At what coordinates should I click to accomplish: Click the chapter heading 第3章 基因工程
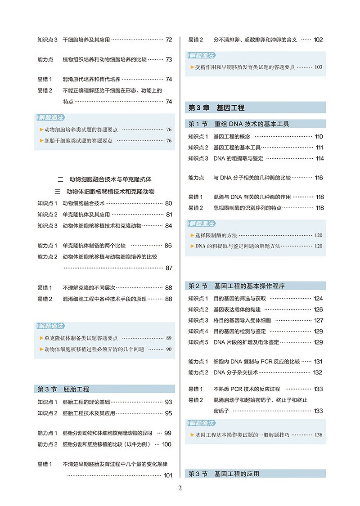216,108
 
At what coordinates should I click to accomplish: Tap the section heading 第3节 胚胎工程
63,389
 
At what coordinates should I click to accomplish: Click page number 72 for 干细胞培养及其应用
169,40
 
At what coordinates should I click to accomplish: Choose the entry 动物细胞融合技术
83,203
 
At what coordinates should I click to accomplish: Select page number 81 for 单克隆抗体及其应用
169,215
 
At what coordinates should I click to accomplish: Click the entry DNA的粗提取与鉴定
238,158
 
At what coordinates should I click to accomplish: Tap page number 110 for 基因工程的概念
319,137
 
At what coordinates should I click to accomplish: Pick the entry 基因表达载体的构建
237,309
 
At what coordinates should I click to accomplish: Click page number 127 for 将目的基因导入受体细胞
319,320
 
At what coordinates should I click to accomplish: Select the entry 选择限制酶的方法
216,235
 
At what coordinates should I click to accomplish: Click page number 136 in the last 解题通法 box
319,435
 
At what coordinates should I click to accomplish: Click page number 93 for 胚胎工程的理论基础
169,402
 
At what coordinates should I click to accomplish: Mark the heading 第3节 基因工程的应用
224,474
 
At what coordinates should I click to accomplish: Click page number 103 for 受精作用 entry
319,67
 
